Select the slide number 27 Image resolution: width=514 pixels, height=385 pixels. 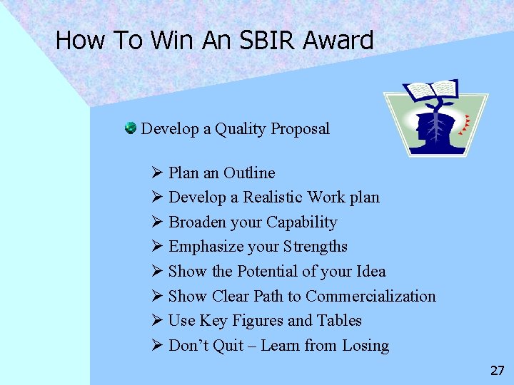point(498,371)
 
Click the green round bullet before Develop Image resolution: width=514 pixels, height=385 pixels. point(131,128)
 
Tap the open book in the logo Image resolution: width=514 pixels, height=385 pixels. point(430,89)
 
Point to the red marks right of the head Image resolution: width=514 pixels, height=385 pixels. point(466,124)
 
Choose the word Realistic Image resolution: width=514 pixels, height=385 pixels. point(275,197)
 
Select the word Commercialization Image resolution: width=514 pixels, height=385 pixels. point(371,296)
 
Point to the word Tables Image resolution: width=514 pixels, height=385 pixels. point(341,321)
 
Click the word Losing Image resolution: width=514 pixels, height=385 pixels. point(365,345)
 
